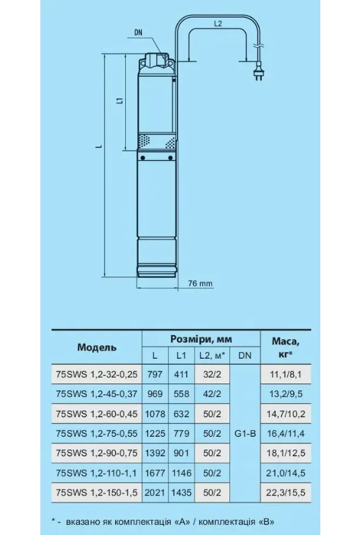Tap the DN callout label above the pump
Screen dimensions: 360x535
pyautogui.click(x=138, y=33)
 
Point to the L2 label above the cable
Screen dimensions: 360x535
pyautogui.click(x=218, y=24)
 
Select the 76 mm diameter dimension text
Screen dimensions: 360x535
pyautogui.click(x=200, y=283)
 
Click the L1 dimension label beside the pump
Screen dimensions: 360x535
pyautogui.click(x=119, y=101)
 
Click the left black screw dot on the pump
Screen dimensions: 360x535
pyautogui.click(x=143, y=157)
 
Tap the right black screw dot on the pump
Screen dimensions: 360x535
pyautogui.click(x=170, y=157)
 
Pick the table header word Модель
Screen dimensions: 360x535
pyautogui.click(x=97, y=347)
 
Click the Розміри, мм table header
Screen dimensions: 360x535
pyautogui.click(x=201, y=339)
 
